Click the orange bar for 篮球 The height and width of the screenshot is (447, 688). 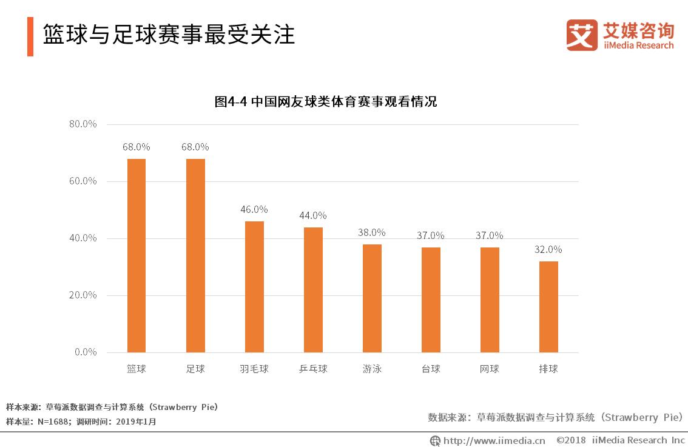click(136, 255)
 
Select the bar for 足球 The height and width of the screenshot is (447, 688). click(195, 255)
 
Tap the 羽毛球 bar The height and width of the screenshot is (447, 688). click(254, 286)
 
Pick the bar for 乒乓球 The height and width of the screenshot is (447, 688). click(313, 289)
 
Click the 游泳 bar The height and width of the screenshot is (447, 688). click(372, 298)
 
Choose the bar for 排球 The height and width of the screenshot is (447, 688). click(548, 306)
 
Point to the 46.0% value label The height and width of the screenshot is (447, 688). click(254, 209)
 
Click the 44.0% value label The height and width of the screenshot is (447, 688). click(313, 215)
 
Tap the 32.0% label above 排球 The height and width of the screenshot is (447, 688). click(548, 249)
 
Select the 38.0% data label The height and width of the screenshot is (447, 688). click(372, 232)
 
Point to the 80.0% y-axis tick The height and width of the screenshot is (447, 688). click(83, 124)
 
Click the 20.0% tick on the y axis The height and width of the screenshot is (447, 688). click(83, 295)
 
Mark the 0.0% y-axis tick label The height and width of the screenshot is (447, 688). click(86, 352)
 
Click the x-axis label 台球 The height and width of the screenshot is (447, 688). click(431, 368)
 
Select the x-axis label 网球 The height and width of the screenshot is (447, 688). click(490, 368)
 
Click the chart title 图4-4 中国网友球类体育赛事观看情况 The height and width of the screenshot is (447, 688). click(326, 102)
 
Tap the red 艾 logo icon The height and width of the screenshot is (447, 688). click(581, 35)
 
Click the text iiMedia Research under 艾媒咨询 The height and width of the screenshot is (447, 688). click(638, 45)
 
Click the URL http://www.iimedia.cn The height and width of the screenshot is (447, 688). click(494, 440)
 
